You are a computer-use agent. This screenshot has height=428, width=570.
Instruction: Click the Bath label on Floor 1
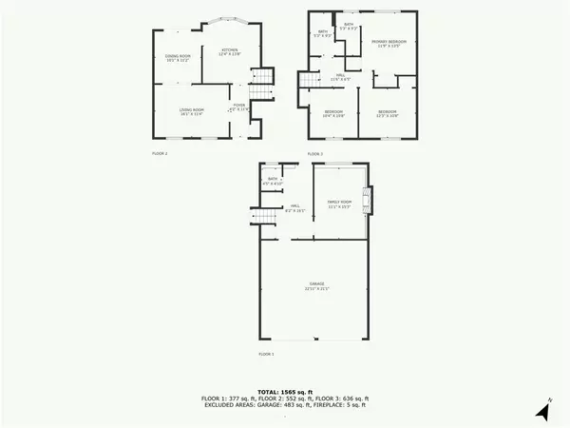tap(273, 181)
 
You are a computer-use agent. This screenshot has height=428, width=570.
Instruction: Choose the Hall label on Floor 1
tap(296, 208)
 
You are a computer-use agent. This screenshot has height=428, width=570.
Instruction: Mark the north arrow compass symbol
tap(542, 412)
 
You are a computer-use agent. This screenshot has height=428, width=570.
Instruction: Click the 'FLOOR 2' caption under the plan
tap(160, 152)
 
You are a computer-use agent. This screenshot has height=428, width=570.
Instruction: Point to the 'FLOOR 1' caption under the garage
tap(266, 354)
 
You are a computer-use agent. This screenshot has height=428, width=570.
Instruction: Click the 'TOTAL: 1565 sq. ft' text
tap(285, 391)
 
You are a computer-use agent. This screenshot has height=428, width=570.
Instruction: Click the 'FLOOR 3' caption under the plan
tap(314, 152)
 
